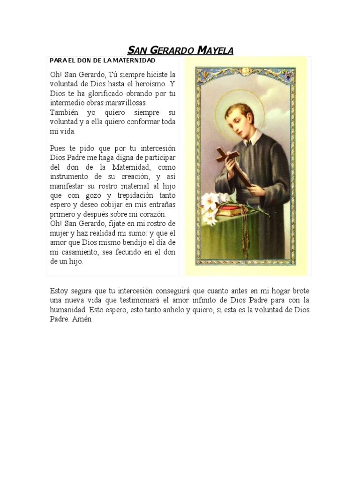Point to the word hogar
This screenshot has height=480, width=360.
[x=272, y=291]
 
